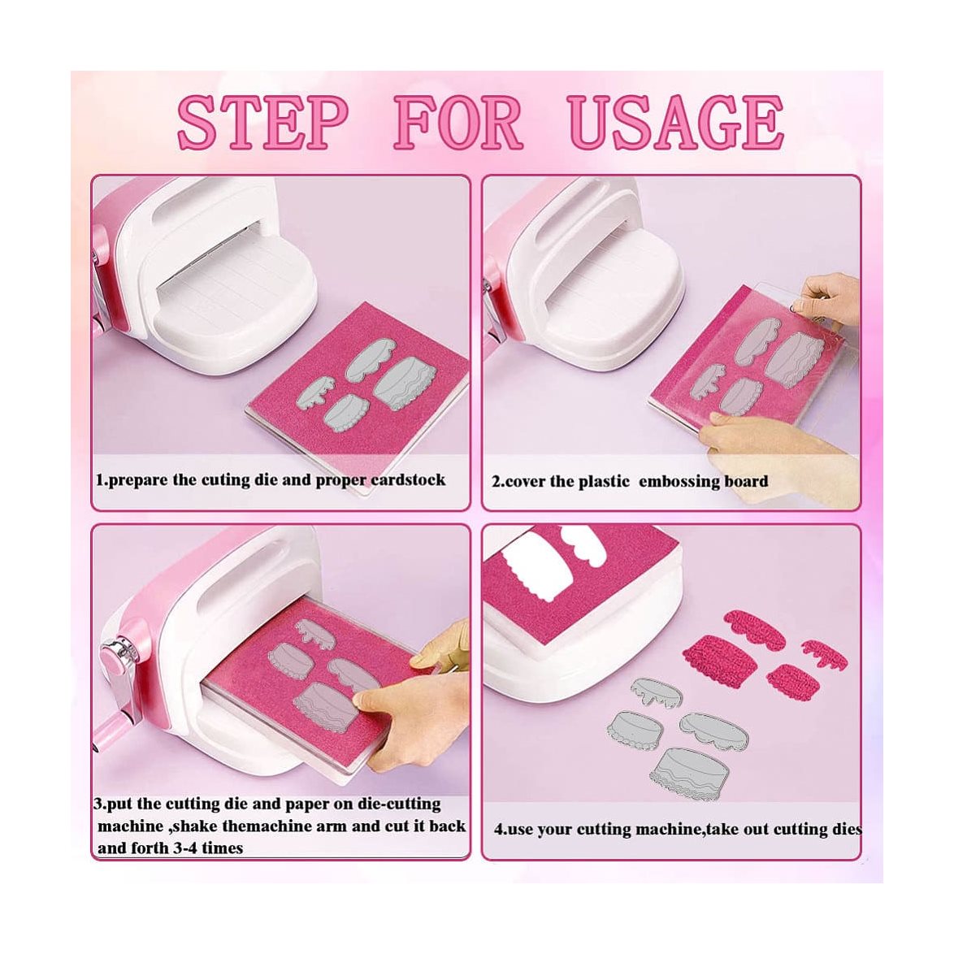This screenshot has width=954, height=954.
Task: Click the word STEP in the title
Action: tap(262, 123)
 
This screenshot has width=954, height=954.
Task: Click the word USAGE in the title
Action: tap(677, 123)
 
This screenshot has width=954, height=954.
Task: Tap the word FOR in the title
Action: tap(459, 123)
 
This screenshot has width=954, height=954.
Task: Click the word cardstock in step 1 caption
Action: tap(408, 480)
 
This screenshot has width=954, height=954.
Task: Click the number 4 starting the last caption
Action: tap(498, 830)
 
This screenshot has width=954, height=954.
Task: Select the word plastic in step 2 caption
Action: tap(604, 482)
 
